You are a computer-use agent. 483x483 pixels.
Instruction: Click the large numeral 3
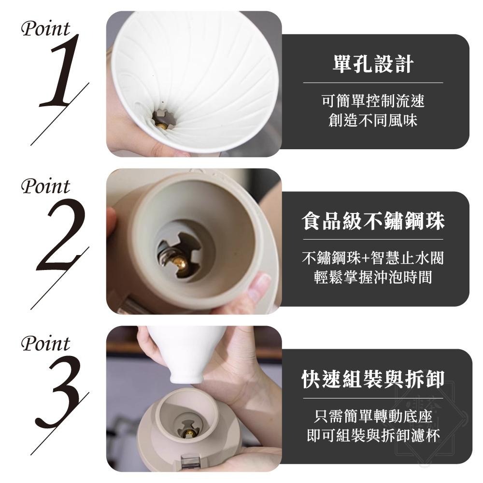(x=60, y=394)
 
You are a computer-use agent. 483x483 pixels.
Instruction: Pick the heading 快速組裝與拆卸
(x=373, y=379)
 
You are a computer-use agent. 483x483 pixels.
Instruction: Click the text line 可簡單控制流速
(x=373, y=101)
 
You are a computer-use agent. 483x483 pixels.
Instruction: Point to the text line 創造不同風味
(x=373, y=120)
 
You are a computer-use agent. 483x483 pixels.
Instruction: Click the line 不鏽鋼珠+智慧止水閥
(x=373, y=258)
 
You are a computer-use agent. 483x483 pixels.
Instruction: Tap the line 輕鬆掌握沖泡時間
(x=373, y=278)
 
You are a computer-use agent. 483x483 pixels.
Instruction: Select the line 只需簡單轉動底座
(x=373, y=416)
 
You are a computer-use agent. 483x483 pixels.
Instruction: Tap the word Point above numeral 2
(x=45, y=186)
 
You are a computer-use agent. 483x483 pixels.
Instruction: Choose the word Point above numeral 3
(x=45, y=344)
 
